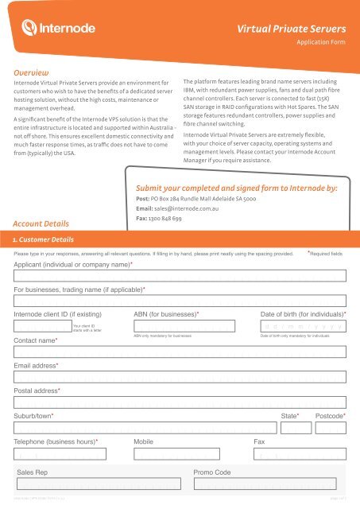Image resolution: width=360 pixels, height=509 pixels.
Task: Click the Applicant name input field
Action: click(180, 276)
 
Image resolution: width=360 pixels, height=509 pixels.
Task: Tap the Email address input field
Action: click(180, 377)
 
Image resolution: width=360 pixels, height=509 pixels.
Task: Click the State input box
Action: click(295, 428)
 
